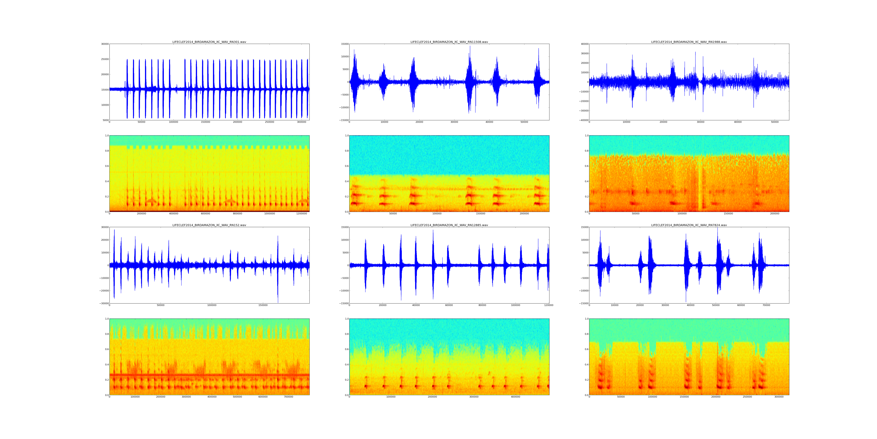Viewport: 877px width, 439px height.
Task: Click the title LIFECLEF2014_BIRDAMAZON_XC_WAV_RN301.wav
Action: (x=209, y=42)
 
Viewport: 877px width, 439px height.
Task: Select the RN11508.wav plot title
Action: (x=449, y=42)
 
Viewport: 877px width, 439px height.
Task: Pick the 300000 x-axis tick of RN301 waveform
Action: (x=302, y=122)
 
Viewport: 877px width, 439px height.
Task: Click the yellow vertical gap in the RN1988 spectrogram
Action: (x=700, y=184)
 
